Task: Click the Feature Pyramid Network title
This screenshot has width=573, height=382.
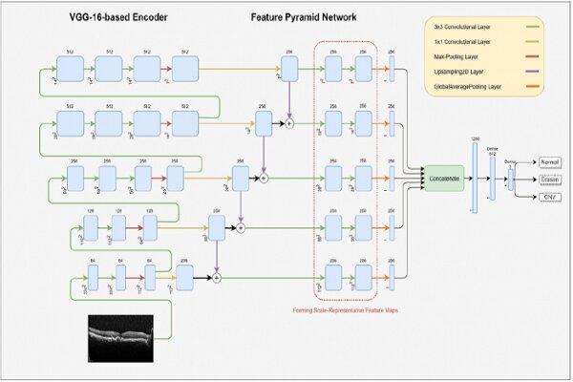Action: (305, 17)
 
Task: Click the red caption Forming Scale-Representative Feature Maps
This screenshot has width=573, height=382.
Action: (344, 309)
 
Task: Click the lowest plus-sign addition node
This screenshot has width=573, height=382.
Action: (217, 277)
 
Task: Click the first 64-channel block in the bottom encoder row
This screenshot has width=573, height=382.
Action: (92, 276)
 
